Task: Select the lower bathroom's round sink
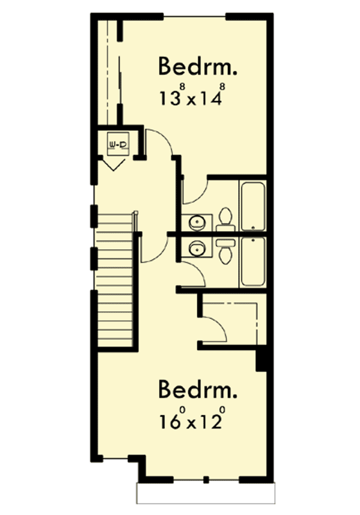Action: coord(196,246)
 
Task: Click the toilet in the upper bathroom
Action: coord(226,218)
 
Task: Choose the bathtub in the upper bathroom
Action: coord(253,206)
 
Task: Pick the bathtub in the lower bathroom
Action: coord(253,262)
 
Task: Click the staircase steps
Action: coord(115,282)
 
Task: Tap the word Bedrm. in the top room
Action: coord(197,67)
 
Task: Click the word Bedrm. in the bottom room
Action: coord(197,390)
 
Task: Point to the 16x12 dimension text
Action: coord(192,419)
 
